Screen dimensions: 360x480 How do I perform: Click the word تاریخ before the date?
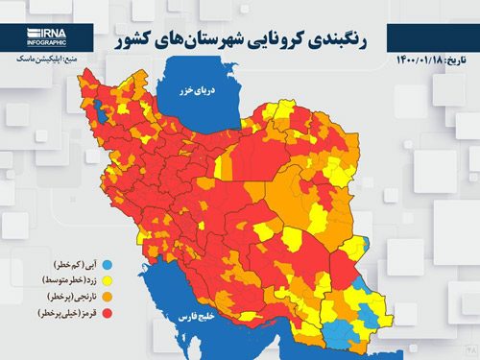point(459,61)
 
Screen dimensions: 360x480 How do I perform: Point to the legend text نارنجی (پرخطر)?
point(70,296)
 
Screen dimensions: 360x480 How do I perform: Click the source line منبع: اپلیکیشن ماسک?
point(42,60)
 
